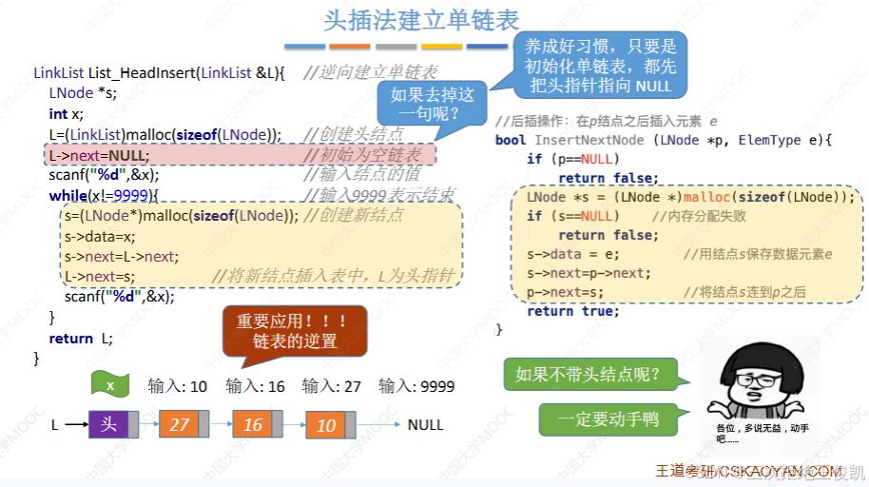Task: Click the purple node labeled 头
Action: click(108, 424)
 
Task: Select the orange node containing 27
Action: click(180, 424)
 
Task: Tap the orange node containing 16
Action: click(253, 424)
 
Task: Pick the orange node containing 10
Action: click(326, 424)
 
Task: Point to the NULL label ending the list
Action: click(425, 424)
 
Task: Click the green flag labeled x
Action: click(110, 385)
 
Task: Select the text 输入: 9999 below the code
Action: click(416, 386)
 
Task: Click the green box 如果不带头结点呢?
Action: click(596, 374)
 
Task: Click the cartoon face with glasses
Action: click(762, 390)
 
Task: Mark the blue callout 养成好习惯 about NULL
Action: click(600, 65)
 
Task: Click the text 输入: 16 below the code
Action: click(255, 386)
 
